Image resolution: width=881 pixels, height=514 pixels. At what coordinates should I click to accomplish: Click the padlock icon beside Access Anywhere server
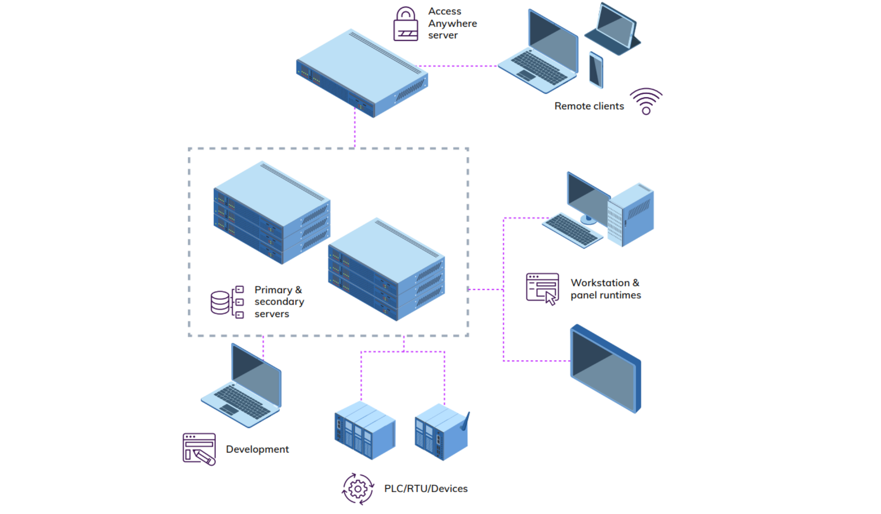coord(405,25)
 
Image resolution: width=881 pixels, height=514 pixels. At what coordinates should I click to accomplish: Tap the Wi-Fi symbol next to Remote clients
coord(646,102)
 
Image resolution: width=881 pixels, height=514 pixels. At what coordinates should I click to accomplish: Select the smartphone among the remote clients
coord(596,70)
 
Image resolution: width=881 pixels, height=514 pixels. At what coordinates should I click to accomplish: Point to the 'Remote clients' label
coord(588,106)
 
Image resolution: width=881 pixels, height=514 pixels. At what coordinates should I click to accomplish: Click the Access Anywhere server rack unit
coord(362,73)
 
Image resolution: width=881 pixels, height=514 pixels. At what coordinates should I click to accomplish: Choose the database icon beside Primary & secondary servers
coord(220,302)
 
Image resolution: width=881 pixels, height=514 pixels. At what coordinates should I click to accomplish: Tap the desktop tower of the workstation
coord(631,215)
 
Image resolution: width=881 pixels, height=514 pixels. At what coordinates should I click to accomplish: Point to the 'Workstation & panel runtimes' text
coord(605,289)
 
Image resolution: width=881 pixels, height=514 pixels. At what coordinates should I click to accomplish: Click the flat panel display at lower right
coord(605,369)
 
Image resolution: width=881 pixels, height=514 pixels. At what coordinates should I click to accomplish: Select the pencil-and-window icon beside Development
coord(199,449)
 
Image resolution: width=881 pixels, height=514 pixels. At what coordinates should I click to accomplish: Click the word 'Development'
coord(257,449)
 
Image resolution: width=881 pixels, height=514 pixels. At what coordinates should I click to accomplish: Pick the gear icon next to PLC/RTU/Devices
coord(357,489)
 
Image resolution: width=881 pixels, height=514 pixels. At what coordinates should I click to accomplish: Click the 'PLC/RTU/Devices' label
coord(425,489)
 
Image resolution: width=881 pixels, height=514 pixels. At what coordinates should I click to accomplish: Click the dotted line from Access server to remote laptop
coord(458,66)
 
